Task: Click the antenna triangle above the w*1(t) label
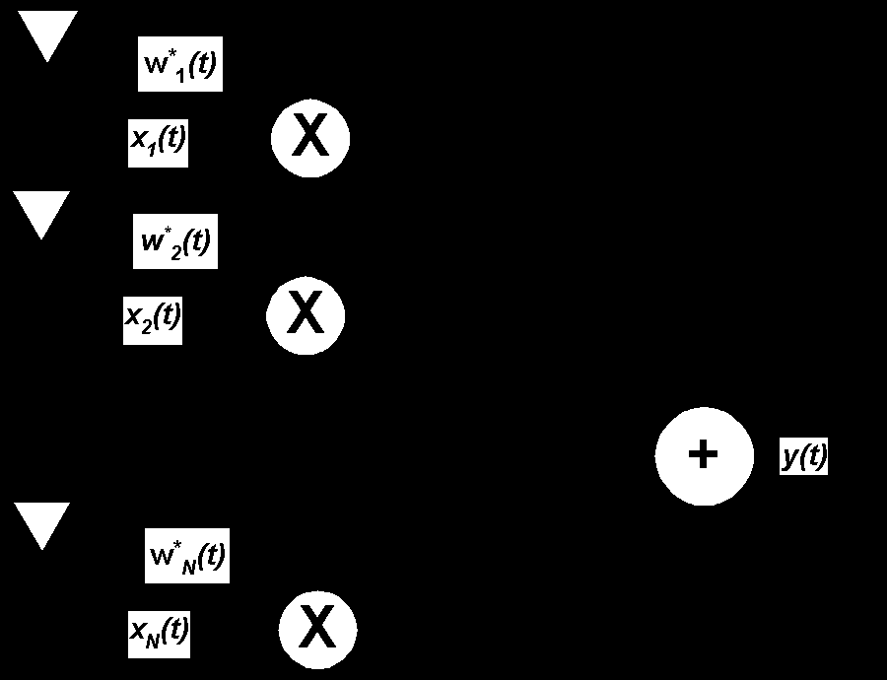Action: click(x=47, y=34)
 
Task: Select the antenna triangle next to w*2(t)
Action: click(x=41, y=211)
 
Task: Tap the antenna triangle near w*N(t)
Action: click(x=41, y=522)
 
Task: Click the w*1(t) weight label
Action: click(x=180, y=67)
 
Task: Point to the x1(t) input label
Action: click(x=158, y=140)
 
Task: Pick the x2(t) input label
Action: click(x=153, y=317)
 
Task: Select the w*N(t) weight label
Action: click(x=187, y=556)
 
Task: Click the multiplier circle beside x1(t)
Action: click(x=310, y=137)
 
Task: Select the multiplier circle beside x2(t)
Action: click(x=306, y=315)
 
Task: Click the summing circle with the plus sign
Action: click(x=703, y=455)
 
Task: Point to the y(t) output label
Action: click(x=804, y=456)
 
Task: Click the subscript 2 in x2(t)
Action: click(x=147, y=326)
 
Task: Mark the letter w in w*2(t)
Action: click(x=152, y=242)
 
